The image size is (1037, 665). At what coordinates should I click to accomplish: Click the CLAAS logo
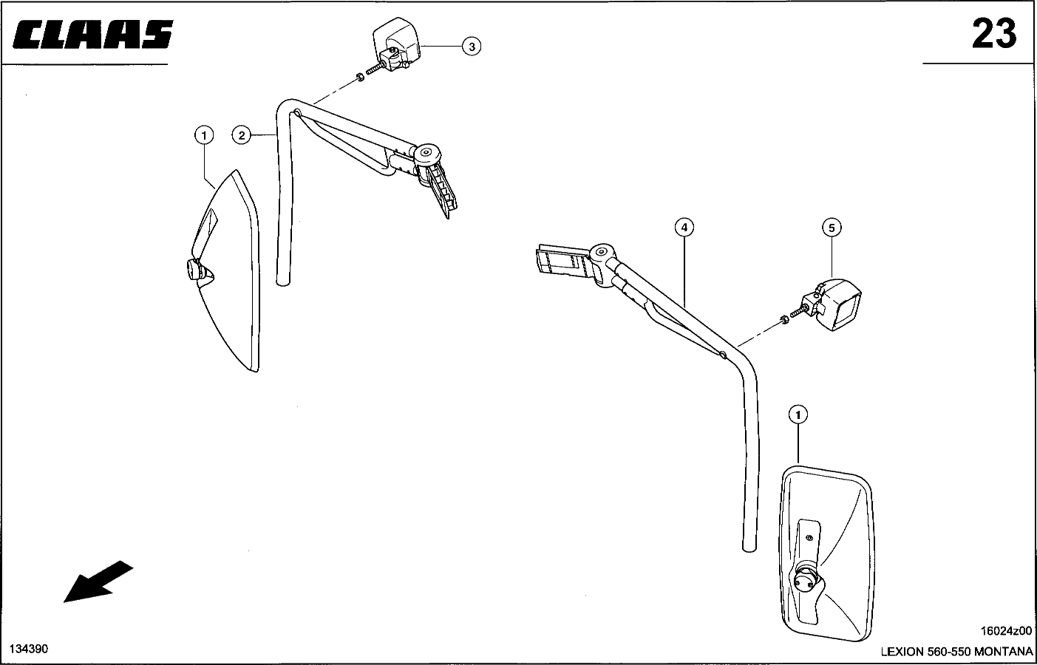93,34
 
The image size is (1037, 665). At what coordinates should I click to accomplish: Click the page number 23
993,34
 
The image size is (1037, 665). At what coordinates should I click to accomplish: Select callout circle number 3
471,47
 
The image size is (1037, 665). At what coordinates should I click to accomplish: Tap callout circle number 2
241,134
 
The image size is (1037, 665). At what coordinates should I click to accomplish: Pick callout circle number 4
684,227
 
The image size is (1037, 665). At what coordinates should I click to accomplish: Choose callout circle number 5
831,227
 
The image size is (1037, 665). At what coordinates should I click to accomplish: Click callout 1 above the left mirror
203,134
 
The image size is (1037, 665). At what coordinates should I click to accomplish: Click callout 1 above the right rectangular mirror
798,415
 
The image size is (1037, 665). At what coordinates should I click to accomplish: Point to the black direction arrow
98,582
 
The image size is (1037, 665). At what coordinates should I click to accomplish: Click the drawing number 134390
28,648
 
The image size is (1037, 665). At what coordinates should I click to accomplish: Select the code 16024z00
1006,631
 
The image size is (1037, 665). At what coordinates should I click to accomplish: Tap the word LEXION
902,652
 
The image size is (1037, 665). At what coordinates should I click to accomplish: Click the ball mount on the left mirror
196,270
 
